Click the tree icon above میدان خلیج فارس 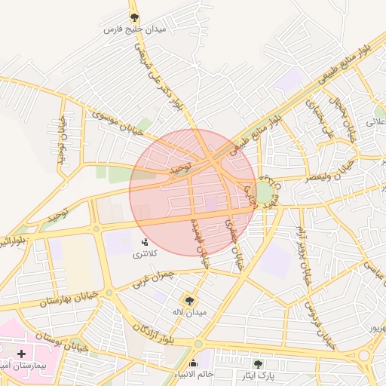click(135, 17)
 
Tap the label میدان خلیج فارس click(135, 30)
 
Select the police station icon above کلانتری click(145, 241)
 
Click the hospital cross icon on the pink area click(21, 353)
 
